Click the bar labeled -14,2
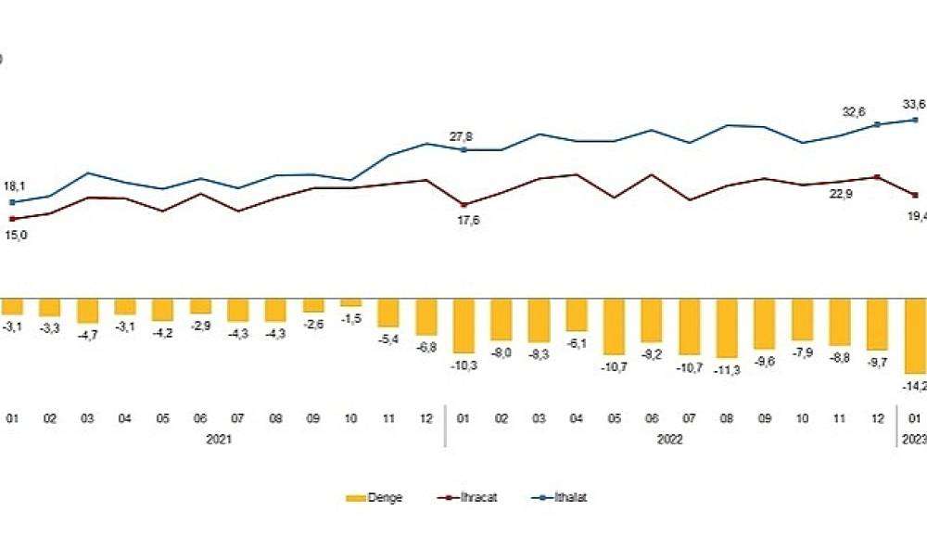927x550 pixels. coord(916,335)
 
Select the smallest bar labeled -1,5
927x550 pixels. coord(350,302)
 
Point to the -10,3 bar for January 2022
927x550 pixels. coord(463,326)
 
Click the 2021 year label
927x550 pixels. coord(219,440)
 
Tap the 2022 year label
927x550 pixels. coord(670,440)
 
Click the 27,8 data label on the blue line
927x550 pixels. coord(462,137)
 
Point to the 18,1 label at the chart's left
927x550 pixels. coord(14,186)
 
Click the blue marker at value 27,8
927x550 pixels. coord(463,149)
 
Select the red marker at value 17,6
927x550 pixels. coord(463,205)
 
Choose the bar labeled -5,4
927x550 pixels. coord(388,313)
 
